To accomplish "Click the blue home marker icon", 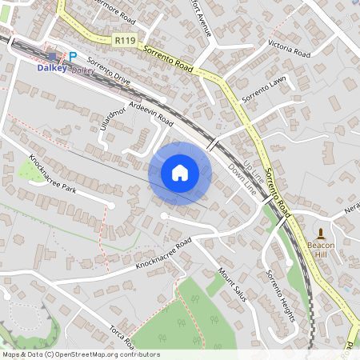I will click(180, 173).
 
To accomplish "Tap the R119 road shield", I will click(124, 38).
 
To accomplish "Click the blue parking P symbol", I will click(73, 57).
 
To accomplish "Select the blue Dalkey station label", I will click(54, 68).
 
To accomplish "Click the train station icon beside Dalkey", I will click(54, 57).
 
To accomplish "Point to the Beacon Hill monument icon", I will click(322, 233).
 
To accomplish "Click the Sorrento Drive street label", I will click(109, 70).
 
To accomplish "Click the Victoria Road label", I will click(289, 47).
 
